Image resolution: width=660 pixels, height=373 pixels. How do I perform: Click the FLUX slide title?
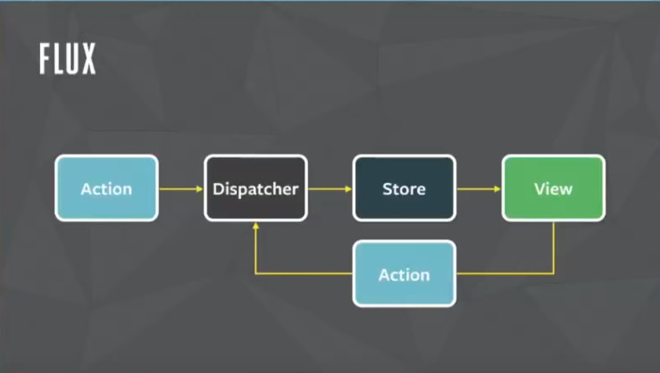67,59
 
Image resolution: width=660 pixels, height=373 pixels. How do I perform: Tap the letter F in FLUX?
46,59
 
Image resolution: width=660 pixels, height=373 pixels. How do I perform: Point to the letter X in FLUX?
88,59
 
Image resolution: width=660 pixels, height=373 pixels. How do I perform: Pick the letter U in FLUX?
73,59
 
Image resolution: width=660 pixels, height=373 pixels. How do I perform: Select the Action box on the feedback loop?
404,274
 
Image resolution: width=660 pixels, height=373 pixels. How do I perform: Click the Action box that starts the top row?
106,188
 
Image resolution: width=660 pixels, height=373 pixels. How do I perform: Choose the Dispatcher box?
255,188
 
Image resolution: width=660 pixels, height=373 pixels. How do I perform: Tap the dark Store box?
404,188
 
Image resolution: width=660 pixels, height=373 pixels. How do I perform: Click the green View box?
553,188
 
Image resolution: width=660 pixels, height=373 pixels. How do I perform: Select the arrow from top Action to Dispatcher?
180,188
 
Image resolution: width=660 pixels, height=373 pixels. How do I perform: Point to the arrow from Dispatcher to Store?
330,188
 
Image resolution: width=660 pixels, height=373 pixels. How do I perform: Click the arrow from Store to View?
478,188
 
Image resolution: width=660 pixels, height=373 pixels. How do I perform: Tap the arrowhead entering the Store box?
348,188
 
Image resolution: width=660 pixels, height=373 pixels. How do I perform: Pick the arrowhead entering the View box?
497,188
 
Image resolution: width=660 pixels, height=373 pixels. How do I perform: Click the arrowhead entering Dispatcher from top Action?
199,188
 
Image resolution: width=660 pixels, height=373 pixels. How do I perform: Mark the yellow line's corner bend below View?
553,273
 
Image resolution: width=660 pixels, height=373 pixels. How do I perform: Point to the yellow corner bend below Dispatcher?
255,273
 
